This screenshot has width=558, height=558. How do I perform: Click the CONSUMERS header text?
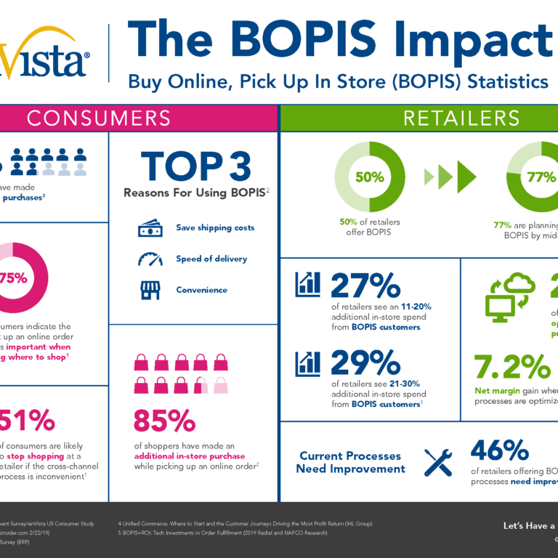(x=99, y=118)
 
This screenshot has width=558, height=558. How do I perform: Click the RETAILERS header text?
(x=461, y=118)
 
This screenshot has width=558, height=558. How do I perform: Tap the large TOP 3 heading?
(x=193, y=166)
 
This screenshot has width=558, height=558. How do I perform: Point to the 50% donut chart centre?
(x=369, y=177)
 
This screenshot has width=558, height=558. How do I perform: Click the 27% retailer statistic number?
(x=365, y=286)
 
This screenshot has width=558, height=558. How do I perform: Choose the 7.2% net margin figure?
(x=508, y=368)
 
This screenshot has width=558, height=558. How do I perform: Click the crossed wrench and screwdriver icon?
(x=438, y=462)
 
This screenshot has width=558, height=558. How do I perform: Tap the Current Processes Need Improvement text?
(x=350, y=462)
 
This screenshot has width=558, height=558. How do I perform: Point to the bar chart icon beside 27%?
(x=307, y=284)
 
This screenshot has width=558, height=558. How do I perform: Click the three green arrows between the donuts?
(x=450, y=177)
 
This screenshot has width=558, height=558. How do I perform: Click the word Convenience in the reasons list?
(x=201, y=290)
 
